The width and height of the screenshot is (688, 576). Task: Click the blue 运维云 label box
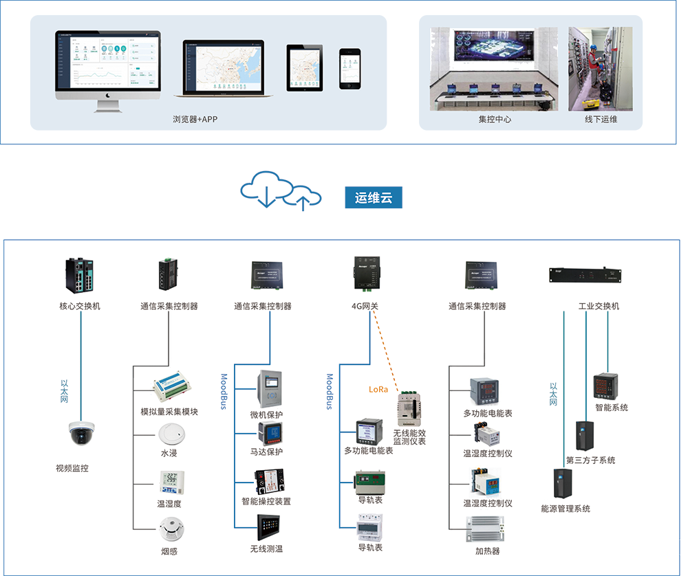pyautogui.click(x=373, y=198)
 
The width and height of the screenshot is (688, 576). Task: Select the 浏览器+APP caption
pyautogui.click(x=195, y=119)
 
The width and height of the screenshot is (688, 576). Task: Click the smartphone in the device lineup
pyautogui.click(x=350, y=68)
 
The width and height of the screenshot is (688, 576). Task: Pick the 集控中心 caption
pyautogui.click(x=495, y=119)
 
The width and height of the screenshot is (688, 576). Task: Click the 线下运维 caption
pyautogui.click(x=601, y=119)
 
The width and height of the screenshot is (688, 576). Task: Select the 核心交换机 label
pyautogui.click(x=80, y=306)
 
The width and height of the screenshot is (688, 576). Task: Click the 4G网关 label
pyautogui.click(x=364, y=306)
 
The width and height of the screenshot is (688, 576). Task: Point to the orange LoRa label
pyautogui.click(x=378, y=389)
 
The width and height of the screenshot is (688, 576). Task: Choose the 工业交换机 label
pyautogui.click(x=599, y=306)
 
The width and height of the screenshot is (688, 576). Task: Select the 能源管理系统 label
pyautogui.click(x=566, y=509)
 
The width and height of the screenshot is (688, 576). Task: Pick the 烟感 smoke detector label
pyautogui.click(x=169, y=551)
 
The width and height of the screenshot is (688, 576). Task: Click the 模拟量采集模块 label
pyautogui.click(x=169, y=412)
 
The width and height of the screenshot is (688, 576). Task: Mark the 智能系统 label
pyautogui.click(x=612, y=408)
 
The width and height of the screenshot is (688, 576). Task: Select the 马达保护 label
pyautogui.click(x=266, y=452)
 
